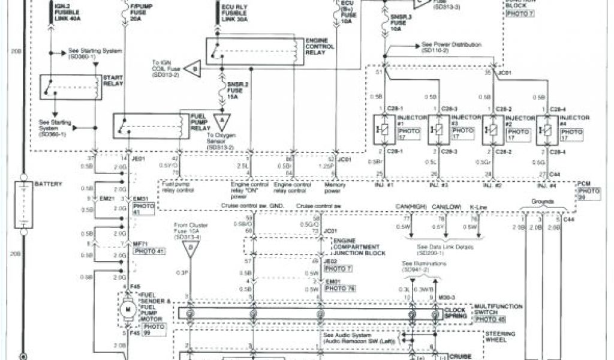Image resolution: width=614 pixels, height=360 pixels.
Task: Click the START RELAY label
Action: [x=113, y=80]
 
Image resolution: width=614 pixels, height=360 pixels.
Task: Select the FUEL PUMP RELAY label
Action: [x=201, y=121]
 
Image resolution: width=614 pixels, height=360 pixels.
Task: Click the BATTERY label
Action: [x=49, y=184]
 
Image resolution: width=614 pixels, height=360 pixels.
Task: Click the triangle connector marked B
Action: [x=192, y=69]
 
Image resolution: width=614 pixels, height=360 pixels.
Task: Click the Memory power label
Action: [x=336, y=189]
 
